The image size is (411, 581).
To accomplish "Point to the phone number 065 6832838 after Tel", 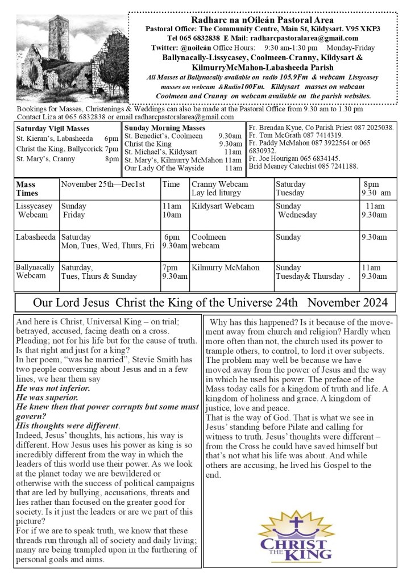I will coord(184,38).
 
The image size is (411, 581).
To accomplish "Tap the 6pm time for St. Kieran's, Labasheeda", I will coord(111,139).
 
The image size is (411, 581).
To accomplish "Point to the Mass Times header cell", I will coord(26,189).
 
